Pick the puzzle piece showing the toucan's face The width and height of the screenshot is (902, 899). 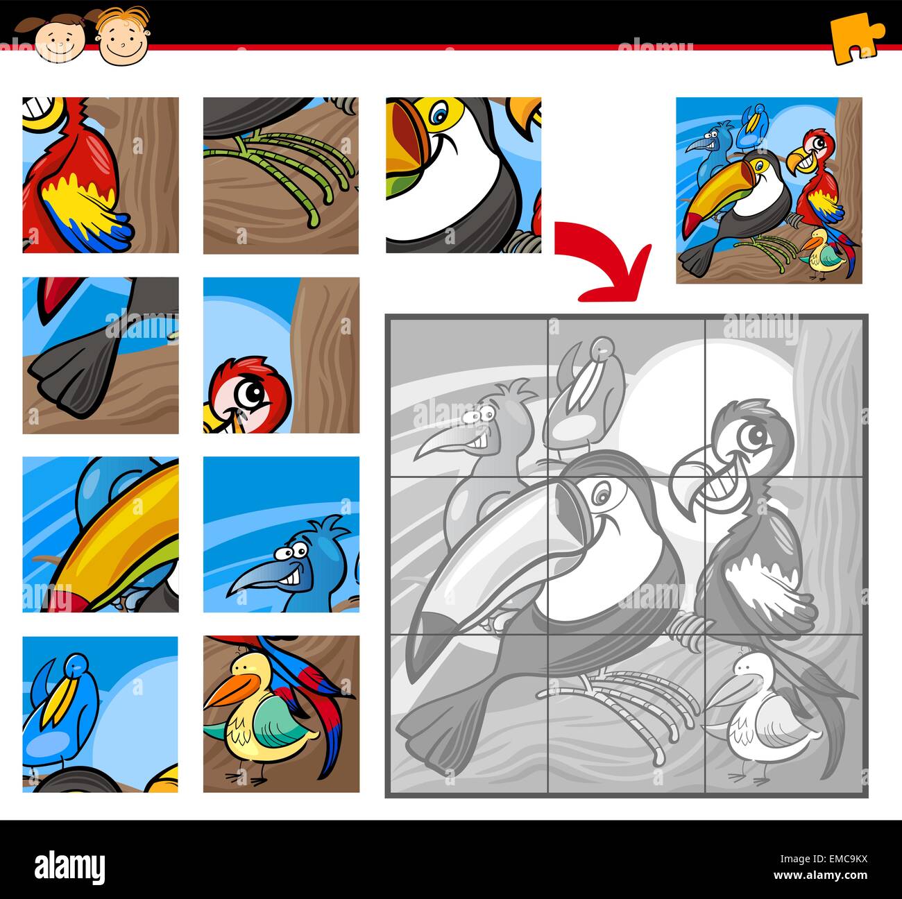[463, 175]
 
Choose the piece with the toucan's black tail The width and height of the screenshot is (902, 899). [100, 355]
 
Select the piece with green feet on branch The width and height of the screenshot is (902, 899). [281, 175]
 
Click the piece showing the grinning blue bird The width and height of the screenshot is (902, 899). [281, 534]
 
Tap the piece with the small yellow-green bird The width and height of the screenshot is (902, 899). [281, 714]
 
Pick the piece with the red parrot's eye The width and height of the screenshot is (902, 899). [281, 355]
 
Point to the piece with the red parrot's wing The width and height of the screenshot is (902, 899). [100, 175]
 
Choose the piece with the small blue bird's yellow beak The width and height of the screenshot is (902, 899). [100, 714]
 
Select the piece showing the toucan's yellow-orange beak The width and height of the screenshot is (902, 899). [100, 534]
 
